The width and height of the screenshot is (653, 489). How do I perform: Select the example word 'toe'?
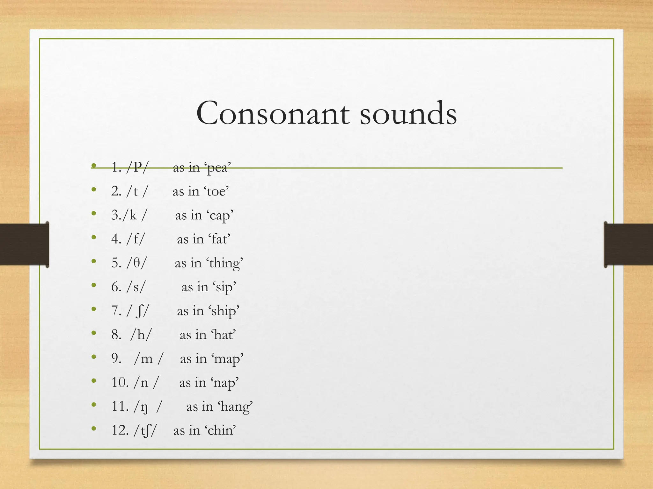point(216,191)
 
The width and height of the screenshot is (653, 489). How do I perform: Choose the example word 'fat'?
point(219,239)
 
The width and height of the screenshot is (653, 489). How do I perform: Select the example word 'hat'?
point(224,335)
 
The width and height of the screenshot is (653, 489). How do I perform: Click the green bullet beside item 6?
point(93,285)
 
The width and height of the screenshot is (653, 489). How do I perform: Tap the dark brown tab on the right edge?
point(628,244)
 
